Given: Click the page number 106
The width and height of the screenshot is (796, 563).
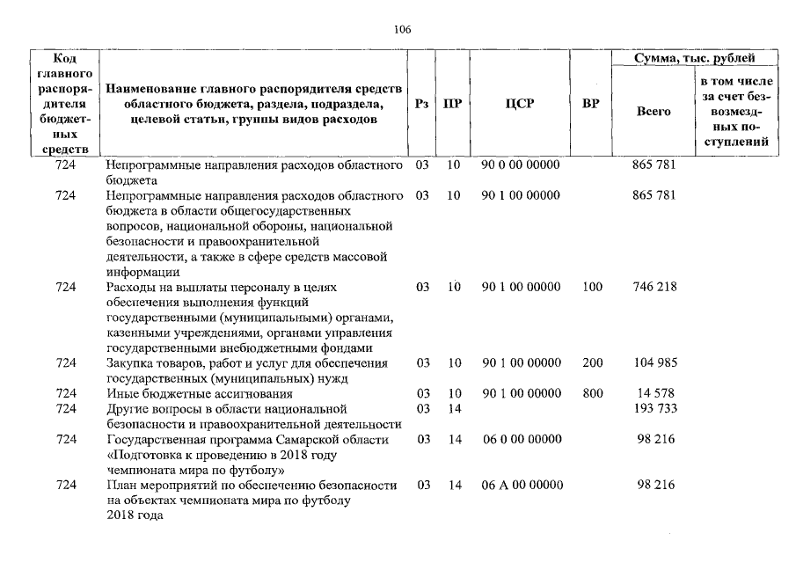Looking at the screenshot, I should pyautogui.click(x=402, y=29).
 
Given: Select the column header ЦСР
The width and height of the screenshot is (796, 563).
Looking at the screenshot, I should pyautogui.click(x=521, y=104).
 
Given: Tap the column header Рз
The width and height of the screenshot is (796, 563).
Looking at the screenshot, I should pyautogui.click(x=422, y=104).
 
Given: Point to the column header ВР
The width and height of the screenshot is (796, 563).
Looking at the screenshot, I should pyautogui.click(x=591, y=104).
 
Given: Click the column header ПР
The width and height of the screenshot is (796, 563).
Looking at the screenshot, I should pyautogui.click(x=453, y=104).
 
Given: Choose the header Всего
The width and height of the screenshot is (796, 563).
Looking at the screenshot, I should pyautogui.click(x=653, y=112).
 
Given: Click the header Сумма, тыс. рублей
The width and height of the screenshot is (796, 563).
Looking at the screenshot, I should pyautogui.click(x=695, y=58).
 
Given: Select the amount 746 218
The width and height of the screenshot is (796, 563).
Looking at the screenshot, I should pyautogui.click(x=654, y=287).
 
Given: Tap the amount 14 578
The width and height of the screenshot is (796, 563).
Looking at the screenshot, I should pyautogui.click(x=654, y=394).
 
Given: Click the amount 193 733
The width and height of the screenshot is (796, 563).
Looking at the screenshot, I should pyautogui.click(x=654, y=409).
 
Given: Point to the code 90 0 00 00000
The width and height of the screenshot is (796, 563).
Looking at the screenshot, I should pyautogui.click(x=521, y=165).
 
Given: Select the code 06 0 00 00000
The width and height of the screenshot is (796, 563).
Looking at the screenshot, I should pyautogui.click(x=521, y=439).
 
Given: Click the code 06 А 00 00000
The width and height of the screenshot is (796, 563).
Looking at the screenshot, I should pyautogui.click(x=521, y=486).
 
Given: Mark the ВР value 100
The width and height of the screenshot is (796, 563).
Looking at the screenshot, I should pyautogui.click(x=593, y=287).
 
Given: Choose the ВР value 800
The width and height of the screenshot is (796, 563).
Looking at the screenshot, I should pyautogui.click(x=593, y=394).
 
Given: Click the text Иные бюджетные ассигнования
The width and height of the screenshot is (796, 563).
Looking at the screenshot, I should pyautogui.click(x=200, y=394).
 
